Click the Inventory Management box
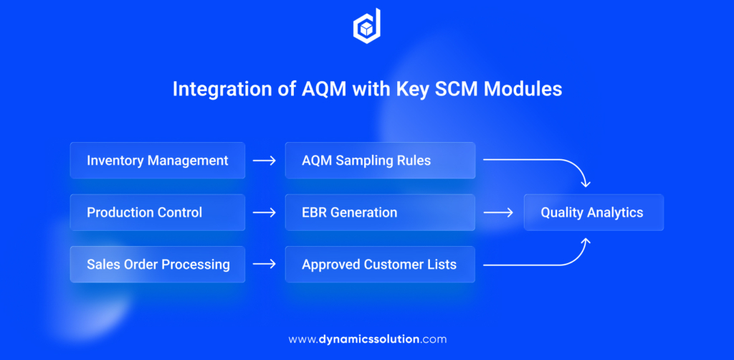tap(158, 160)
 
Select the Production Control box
tap(158, 212)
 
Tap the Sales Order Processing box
tap(158, 264)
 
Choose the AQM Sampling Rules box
tap(380, 160)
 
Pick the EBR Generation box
tap(380, 212)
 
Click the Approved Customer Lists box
tap(380, 264)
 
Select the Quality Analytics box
tap(593, 212)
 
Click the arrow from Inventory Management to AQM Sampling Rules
tap(264, 161)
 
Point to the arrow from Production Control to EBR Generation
tap(264, 212)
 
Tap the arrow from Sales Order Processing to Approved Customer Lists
tap(264, 264)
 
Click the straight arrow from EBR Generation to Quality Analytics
tap(498, 212)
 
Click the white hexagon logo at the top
tap(367, 27)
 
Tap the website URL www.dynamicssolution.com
tap(367, 338)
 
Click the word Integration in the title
tap(216, 90)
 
